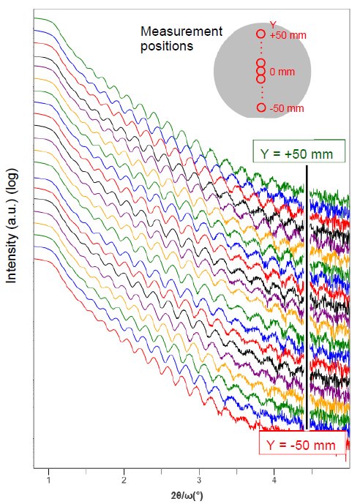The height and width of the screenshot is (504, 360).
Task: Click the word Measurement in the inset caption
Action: click(x=181, y=32)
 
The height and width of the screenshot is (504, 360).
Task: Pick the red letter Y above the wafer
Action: click(x=272, y=25)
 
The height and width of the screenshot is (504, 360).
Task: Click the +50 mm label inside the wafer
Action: click(x=286, y=34)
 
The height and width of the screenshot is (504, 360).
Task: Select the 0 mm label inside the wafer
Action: click(x=282, y=72)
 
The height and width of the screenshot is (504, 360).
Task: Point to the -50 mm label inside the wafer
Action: click(x=286, y=109)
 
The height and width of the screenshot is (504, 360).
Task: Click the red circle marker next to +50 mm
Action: click(x=260, y=34)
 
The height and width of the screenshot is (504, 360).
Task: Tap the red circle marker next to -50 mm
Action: click(x=261, y=108)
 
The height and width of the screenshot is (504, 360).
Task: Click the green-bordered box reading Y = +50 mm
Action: click(x=297, y=154)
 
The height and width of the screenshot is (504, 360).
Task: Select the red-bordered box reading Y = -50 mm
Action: click(x=301, y=445)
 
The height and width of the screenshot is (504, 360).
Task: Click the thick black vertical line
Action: click(x=307, y=293)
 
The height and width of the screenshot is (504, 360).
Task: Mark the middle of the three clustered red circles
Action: click(x=260, y=72)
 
